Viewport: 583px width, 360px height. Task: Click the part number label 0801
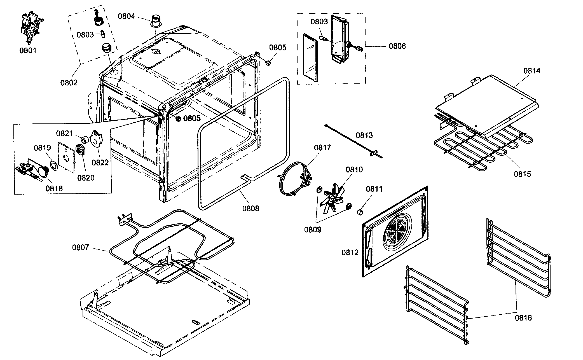pyautogui.click(x=28, y=51)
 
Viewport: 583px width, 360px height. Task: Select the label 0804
pyautogui.click(x=126, y=16)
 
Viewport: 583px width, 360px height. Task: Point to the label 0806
pyautogui.click(x=397, y=46)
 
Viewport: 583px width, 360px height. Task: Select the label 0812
pyautogui.click(x=350, y=253)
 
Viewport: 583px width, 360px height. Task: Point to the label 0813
pyautogui.click(x=364, y=136)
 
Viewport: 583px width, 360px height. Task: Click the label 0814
pyautogui.click(x=532, y=71)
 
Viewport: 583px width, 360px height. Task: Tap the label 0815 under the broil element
pyautogui.click(x=522, y=174)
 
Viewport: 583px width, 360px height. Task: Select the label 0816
pyautogui.click(x=523, y=318)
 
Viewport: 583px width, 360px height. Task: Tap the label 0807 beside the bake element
pyautogui.click(x=81, y=247)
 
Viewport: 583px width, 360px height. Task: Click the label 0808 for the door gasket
pyautogui.click(x=251, y=209)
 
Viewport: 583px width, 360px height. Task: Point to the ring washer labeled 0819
pyautogui.click(x=54, y=165)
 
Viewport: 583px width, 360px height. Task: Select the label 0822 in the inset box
pyautogui.click(x=100, y=163)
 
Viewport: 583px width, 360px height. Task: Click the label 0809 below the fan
pyautogui.click(x=313, y=230)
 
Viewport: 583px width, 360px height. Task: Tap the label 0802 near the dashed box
pyautogui.click(x=69, y=83)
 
